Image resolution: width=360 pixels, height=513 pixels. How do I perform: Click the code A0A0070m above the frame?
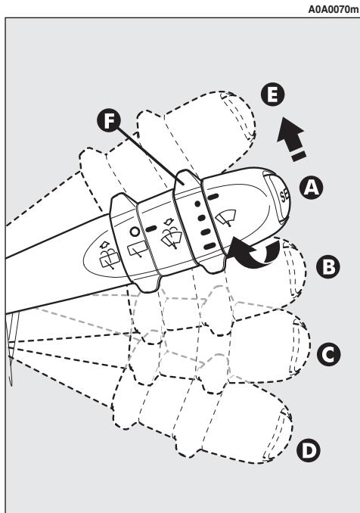[x=331, y=8]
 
